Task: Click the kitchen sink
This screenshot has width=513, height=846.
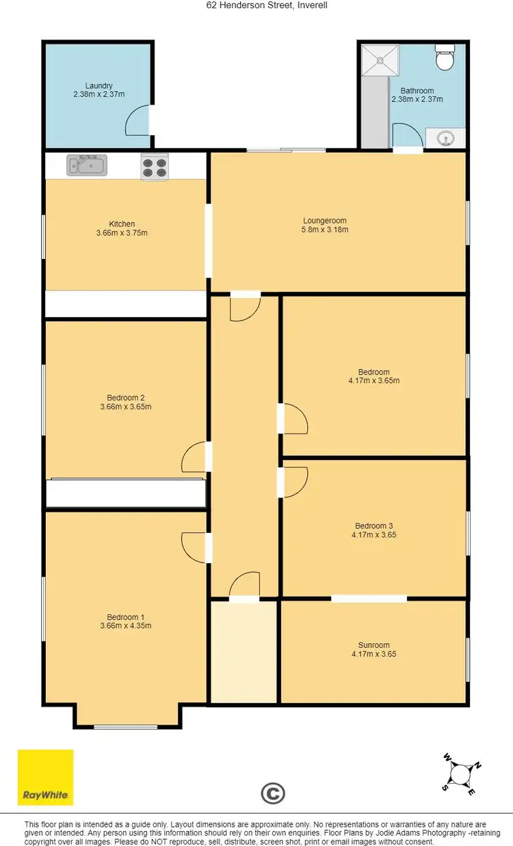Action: point(86,165)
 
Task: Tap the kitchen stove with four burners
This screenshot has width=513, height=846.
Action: point(155,167)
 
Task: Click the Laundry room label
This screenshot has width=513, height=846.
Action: point(98,85)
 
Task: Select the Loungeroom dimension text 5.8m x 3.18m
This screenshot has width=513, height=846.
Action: point(325,230)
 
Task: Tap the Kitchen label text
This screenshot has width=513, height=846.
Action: point(122,223)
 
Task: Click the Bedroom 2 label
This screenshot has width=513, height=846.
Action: point(125,398)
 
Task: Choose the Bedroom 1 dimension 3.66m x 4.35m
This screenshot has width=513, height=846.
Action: point(125,625)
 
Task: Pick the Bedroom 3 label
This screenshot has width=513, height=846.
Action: point(373,526)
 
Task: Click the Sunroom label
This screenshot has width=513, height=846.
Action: point(373,644)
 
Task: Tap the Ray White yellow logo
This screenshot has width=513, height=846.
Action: point(45,778)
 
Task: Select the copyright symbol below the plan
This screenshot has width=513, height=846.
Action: point(272,793)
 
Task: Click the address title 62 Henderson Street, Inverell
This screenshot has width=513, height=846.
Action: point(256,5)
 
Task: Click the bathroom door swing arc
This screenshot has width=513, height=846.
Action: point(404,134)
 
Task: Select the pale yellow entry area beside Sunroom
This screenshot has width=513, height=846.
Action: point(244,652)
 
